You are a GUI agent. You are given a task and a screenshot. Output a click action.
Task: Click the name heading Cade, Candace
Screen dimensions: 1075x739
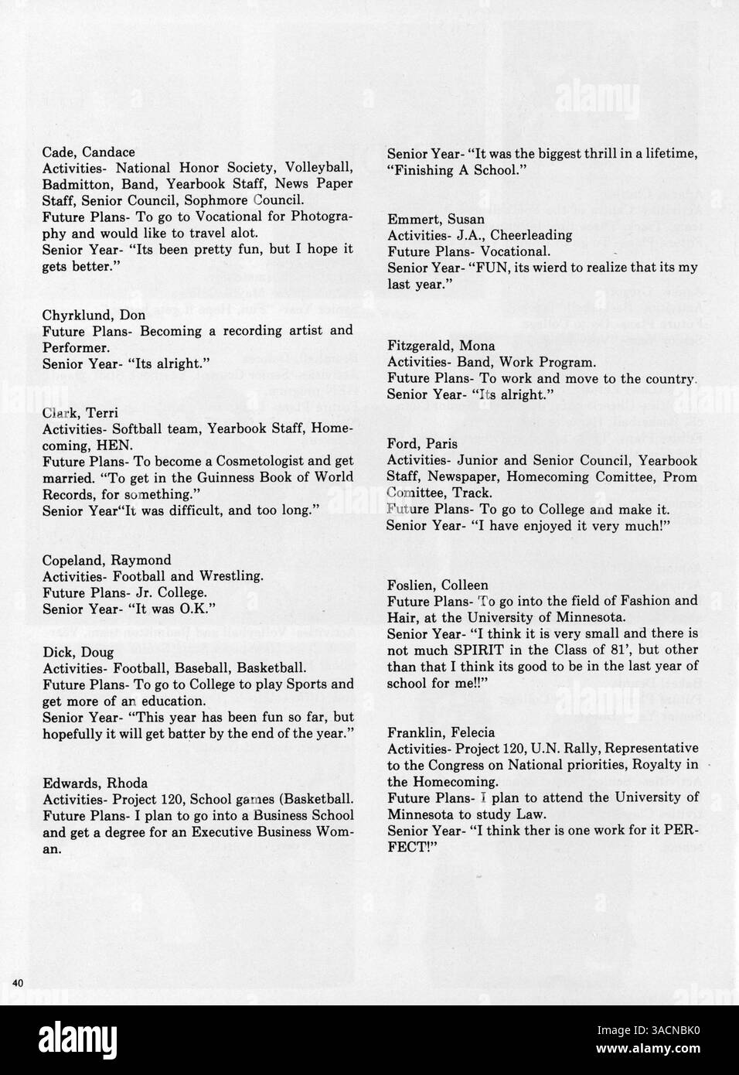pos(88,152)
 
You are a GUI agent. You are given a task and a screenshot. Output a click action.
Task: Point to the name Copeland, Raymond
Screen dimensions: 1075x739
pos(107,560)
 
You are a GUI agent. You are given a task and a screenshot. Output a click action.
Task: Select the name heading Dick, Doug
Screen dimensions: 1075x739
pos(77,652)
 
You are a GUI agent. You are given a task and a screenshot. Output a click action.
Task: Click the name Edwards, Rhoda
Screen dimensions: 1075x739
pos(94,783)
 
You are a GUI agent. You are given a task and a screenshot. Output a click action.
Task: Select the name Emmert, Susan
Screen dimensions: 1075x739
pos(435,219)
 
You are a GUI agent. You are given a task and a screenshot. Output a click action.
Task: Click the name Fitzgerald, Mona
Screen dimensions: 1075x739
pos(441,346)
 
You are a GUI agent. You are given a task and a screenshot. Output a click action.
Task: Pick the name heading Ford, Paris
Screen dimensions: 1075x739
pos(422,444)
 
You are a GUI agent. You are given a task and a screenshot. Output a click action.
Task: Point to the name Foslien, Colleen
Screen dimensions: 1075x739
pos(438,585)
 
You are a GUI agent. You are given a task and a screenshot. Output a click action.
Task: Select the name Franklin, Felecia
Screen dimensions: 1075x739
pos(441,732)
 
